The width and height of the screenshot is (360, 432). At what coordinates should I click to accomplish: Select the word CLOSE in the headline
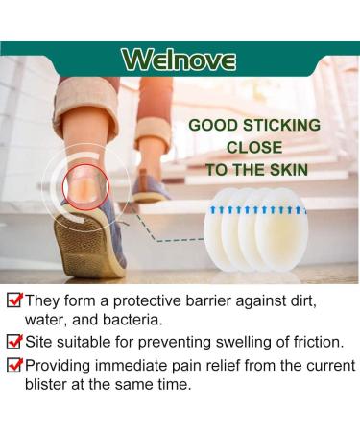click(253, 148)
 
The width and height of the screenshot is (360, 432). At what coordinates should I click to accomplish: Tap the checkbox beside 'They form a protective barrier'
click(12, 300)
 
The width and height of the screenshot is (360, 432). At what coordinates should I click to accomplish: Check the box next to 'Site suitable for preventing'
click(12, 341)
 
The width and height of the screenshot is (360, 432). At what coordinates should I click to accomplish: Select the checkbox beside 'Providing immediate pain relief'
click(12, 365)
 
